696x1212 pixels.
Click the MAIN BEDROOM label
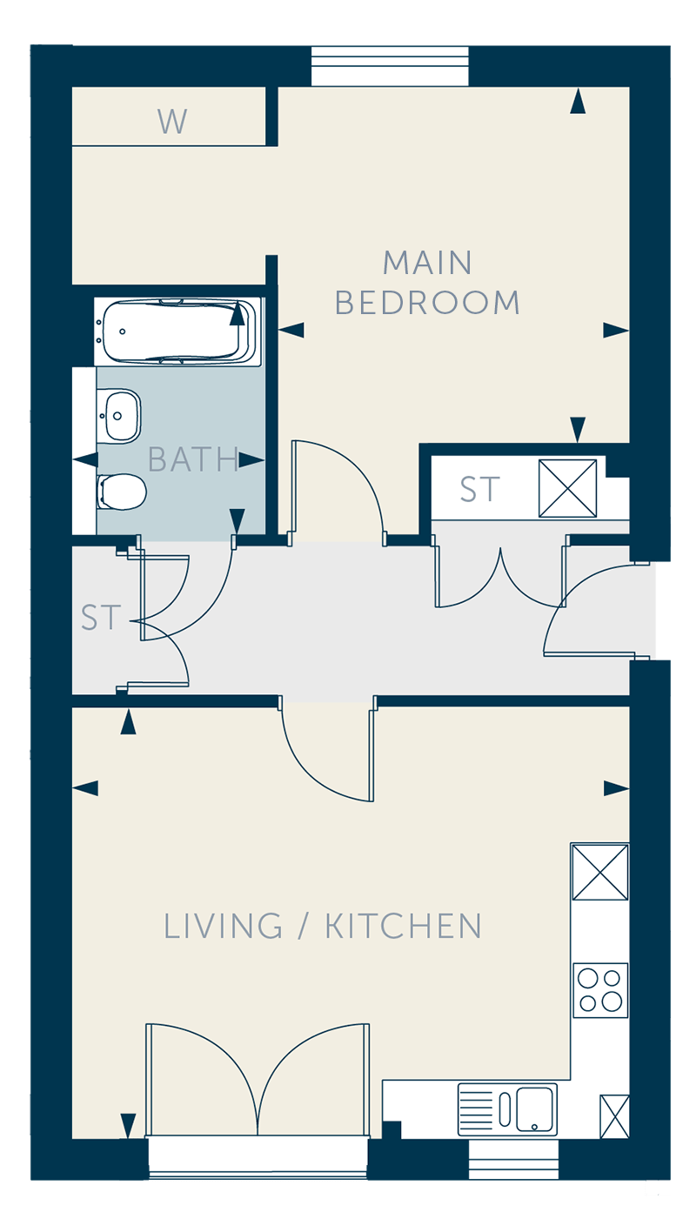427,283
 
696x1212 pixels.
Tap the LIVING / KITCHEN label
323,926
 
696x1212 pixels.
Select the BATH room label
192,459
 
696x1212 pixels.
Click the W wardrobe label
172,121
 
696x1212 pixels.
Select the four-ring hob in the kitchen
600,990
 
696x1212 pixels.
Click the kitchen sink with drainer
507,1108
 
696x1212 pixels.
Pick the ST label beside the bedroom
479,489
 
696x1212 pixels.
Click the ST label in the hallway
100,618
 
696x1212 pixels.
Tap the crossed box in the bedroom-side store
567,488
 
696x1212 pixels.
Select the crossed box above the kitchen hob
600,873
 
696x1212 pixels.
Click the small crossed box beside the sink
614,1116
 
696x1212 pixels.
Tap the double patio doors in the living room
258,1080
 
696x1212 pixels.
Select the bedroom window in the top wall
390,66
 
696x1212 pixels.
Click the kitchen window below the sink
513,1160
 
